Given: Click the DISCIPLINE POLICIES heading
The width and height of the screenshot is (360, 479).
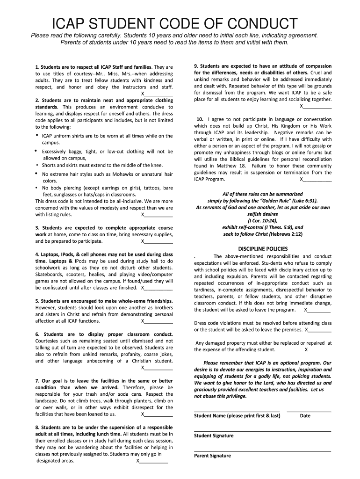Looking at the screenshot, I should (263, 248).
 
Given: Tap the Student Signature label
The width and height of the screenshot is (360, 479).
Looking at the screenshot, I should (214, 435).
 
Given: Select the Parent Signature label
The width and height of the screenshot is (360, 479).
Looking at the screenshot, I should (212, 456).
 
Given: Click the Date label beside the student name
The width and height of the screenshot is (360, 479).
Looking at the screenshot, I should (305, 415).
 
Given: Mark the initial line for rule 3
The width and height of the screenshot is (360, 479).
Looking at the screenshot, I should (158, 241).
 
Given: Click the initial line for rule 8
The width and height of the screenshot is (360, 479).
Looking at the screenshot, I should (153, 461).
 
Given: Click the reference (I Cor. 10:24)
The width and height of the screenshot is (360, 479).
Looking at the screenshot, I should (262, 220).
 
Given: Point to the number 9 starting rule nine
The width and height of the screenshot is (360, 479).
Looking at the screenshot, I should (195, 66).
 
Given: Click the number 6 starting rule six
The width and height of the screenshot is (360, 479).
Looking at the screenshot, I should (37, 334).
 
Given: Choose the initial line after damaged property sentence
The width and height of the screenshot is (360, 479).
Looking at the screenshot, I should (319, 349).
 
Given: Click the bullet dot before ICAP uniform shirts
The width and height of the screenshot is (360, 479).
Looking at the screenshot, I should (37, 135).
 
